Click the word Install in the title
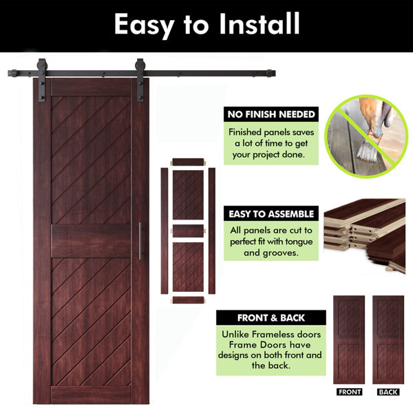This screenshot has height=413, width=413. click(260, 23)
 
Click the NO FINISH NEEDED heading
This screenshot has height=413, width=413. click(271, 114)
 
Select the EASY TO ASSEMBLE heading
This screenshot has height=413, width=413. click(271, 214)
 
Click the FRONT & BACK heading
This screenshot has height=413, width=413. click(271, 318)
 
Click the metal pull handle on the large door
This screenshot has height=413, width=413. click(140, 241)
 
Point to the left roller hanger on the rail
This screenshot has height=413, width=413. click(41, 80)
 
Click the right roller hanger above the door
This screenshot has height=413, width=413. click(140, 80)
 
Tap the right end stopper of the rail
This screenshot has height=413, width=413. click(271, 73)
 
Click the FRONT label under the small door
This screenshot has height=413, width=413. click(349, 392)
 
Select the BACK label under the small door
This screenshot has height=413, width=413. click(388, 392)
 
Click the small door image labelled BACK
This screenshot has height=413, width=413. click(388, 340)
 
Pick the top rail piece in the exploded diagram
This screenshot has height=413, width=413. click(188, 162)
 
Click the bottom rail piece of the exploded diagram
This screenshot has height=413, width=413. click(188, 300)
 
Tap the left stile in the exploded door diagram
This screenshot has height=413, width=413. click(165, 231)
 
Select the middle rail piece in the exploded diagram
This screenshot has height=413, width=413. click(188, 231)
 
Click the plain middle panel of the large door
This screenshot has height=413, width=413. click(91, 241)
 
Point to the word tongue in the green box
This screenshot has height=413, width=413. click(299, 242)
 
